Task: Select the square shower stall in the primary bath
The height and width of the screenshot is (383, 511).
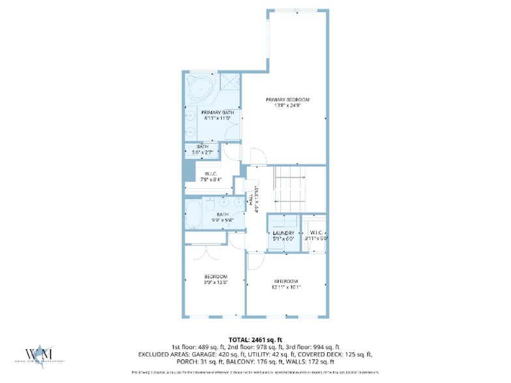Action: [x=229, y=83]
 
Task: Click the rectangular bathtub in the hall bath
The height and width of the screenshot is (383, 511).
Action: [x=195, y=214]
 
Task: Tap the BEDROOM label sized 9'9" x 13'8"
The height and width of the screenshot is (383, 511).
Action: [x=215, y=277]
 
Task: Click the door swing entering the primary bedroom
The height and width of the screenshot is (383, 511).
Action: [x=257, y=156]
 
